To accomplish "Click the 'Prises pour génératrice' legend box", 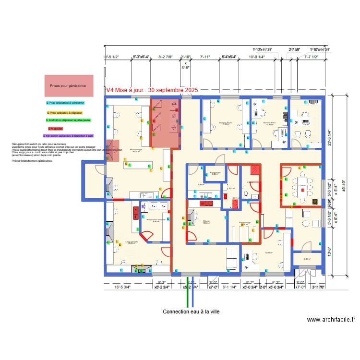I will coord(68,86).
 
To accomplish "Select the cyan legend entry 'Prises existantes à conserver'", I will coord(66,103).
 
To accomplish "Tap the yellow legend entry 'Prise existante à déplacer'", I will coord(66,112).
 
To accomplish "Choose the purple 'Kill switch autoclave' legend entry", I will coord(68,136).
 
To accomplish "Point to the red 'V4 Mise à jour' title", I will coord(151,90).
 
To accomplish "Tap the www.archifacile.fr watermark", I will coord(331,320).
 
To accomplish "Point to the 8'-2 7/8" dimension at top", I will coord(165,57).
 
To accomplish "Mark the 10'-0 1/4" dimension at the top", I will coord(257,57).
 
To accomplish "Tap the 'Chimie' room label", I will coord(206,220).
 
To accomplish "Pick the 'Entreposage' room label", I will coord(245,223).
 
